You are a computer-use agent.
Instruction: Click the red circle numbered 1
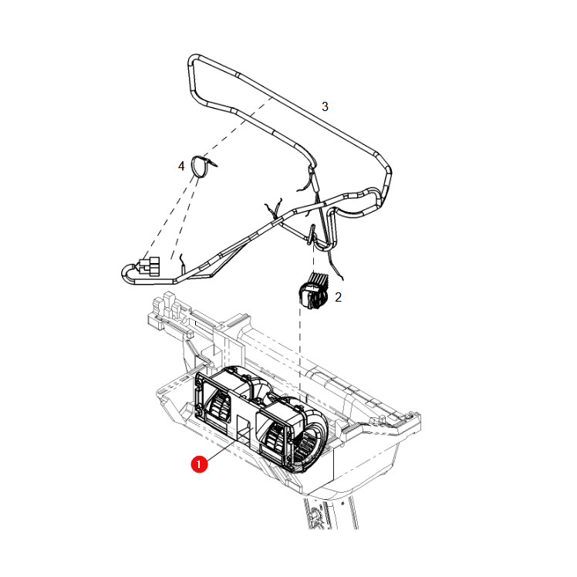(x=199, y=464)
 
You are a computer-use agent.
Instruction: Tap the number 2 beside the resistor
(x=338, y=297)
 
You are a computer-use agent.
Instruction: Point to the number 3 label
(x=325, y=106)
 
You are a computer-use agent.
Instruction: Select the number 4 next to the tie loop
(x=181, y=167)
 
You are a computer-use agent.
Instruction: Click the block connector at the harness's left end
(x=150, y=266)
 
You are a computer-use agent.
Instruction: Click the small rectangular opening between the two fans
(x=243, y=428)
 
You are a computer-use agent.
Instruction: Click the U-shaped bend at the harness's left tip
(x=126, y=273)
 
